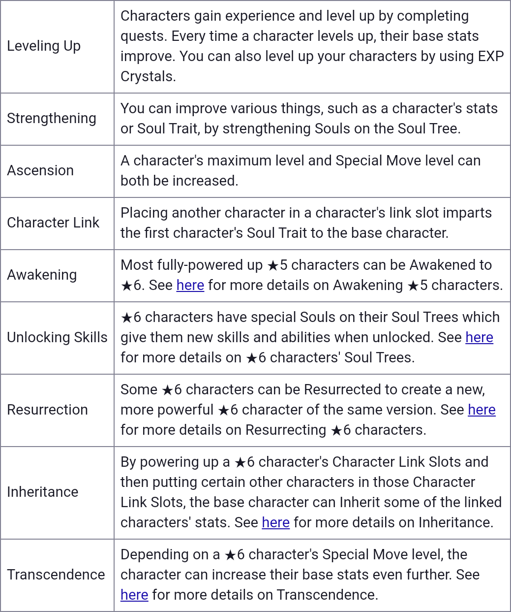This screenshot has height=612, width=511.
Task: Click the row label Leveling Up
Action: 44,46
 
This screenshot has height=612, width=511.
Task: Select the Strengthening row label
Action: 52,119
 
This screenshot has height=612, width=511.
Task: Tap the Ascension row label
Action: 40,171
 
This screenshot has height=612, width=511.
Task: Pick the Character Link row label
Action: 53,223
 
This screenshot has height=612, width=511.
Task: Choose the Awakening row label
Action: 42,275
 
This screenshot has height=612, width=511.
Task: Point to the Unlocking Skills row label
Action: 57,338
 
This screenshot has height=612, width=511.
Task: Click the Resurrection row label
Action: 47,410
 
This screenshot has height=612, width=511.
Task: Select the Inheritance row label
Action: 43,492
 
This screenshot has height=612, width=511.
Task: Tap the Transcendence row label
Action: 56,575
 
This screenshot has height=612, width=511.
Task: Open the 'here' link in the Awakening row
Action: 190,286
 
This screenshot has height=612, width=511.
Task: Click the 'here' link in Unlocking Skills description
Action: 479,338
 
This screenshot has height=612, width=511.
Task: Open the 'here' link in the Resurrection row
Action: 481,410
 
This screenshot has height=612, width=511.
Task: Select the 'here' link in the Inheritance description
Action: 275,523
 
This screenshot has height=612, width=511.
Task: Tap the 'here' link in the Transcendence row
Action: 134,595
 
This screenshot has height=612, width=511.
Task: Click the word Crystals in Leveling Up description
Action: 148,77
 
